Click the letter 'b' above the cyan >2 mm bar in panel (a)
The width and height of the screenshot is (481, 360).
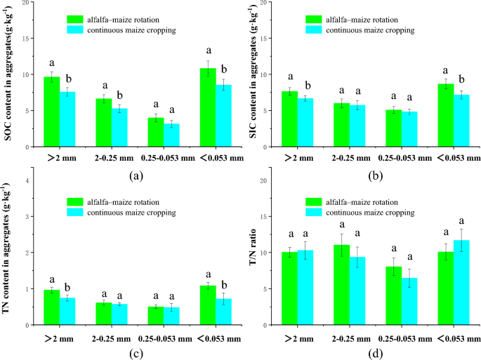point(68,78)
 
